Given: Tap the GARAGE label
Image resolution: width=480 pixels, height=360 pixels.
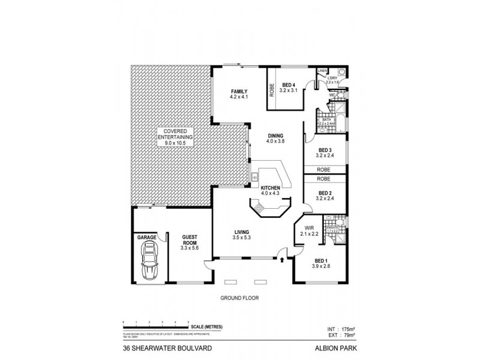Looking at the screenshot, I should (x=147, y=238).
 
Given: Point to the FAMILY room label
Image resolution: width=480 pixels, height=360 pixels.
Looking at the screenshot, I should (x=239, y=92).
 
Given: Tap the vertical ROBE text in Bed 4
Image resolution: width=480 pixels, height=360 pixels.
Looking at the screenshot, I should (x=271, y=90).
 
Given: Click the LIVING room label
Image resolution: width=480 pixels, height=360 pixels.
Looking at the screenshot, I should (x=242, y=232).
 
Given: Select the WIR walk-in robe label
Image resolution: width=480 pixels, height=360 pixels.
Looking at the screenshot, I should (x=308, y=229).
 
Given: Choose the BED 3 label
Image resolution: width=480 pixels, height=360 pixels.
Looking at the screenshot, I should (x=325, y=150).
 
